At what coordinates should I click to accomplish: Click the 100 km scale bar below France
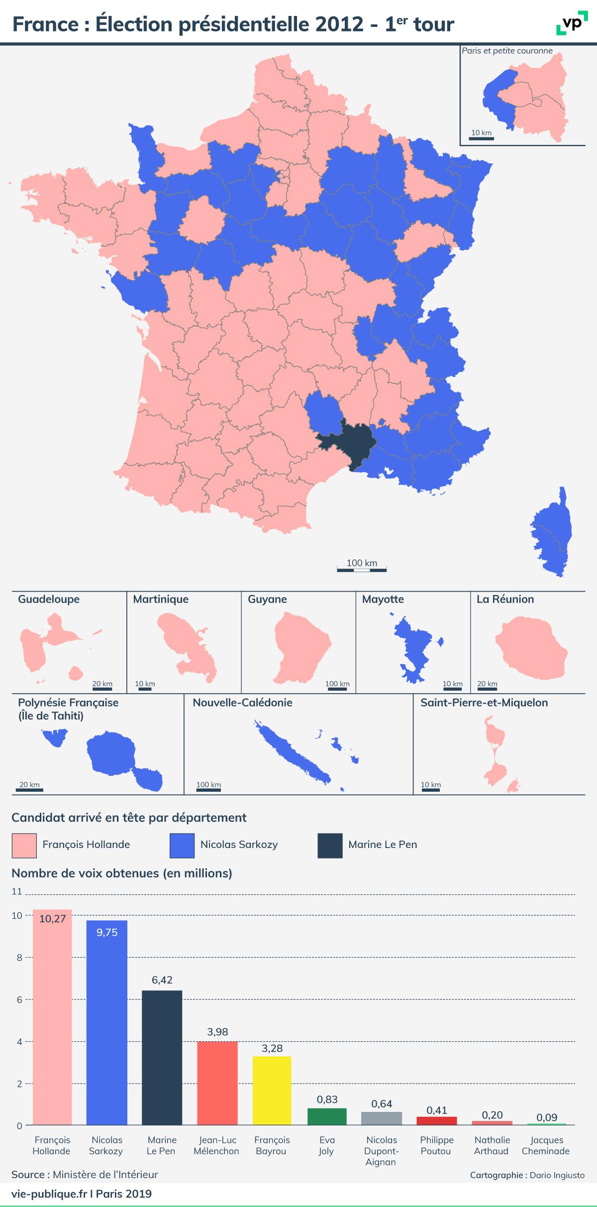(362, 569)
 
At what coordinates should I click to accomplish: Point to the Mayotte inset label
(383, 599)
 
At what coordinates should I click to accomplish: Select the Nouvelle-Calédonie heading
(242, 703)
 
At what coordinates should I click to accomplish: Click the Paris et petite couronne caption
(507, 50)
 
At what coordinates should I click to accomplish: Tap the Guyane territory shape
(300, 648)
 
